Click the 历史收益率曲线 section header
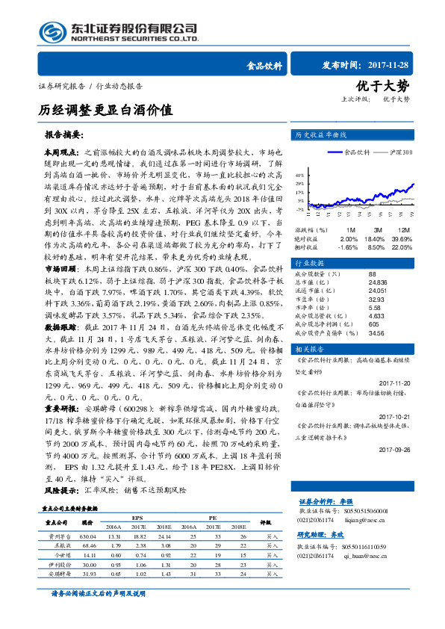pyautogui.click(x=321, y=135)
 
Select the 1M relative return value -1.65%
pyautogui.click(x=348, y=246)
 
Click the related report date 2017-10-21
pyautogui.click(x=395, y=417)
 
